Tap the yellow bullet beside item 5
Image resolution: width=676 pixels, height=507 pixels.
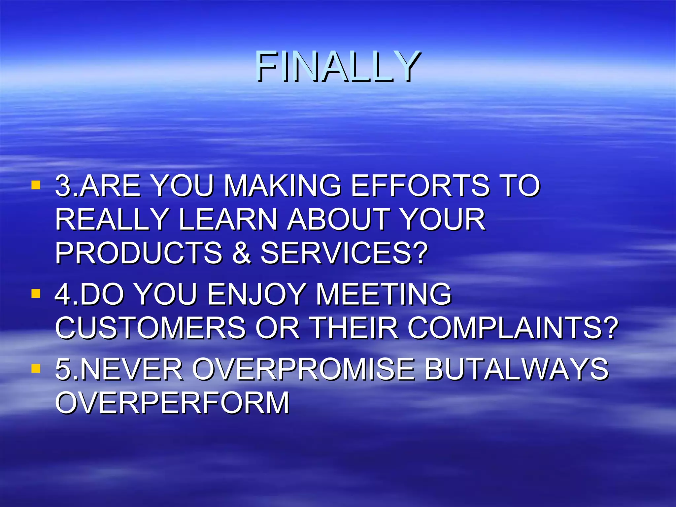click(x=36, y=368)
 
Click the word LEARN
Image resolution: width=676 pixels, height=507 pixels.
click(x=228, y=220)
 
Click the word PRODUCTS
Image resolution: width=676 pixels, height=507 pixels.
click(x=139, y=253)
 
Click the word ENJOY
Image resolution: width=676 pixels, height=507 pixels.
click(x=256, y=294)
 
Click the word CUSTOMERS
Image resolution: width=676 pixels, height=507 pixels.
click(x=151, y=328)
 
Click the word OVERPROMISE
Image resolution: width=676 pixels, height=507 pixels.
click(x=303, y=369)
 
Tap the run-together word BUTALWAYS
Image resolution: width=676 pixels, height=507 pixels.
click(x=516, y=369)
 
